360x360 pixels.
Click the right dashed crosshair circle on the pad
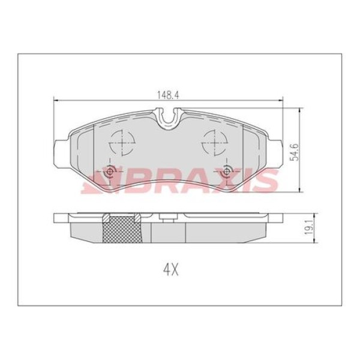point(213,143)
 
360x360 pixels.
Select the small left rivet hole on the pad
point(109,173)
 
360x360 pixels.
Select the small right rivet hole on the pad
point(226,173)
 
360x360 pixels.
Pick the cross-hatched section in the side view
point(121,229)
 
